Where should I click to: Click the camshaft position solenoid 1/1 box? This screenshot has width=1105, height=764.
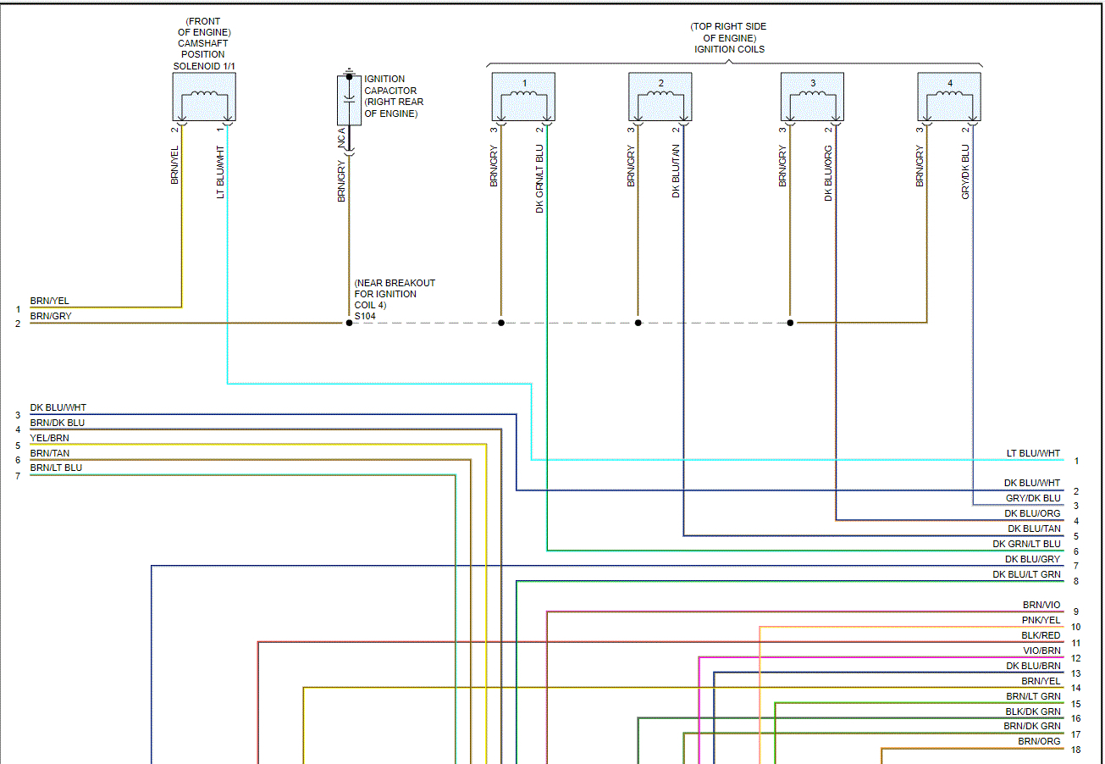pos(203,97)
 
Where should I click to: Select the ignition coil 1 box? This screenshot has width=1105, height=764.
pos(523,97)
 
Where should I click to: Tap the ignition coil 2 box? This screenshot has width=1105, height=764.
pos(660,97)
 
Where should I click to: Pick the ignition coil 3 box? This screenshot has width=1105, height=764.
pos(812,97)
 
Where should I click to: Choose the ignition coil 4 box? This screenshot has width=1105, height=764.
pos(948,97)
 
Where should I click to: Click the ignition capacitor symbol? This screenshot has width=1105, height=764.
pos(349,101)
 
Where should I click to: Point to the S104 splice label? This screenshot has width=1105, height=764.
pos(365,316)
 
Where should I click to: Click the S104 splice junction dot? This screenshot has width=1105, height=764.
pos(349,323)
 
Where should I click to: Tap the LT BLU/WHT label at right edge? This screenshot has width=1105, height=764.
pos(1033,453)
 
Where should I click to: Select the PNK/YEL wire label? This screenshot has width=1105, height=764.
pos(1041,620)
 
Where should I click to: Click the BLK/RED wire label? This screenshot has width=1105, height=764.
pos(1041,635)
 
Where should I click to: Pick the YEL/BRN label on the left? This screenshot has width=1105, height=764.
pos(50,438)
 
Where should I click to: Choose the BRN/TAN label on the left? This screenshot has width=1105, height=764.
pos(50,453)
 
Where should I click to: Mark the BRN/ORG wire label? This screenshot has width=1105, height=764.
pos(1039,741)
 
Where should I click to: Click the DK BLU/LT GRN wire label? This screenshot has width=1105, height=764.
pos(1026,574)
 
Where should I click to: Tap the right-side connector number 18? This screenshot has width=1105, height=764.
pos(1075,750)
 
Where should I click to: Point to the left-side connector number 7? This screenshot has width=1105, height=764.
pos(17,476)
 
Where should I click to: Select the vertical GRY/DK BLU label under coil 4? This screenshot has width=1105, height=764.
pos(965,172)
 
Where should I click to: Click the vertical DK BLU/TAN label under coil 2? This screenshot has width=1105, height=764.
pos(677,171)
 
